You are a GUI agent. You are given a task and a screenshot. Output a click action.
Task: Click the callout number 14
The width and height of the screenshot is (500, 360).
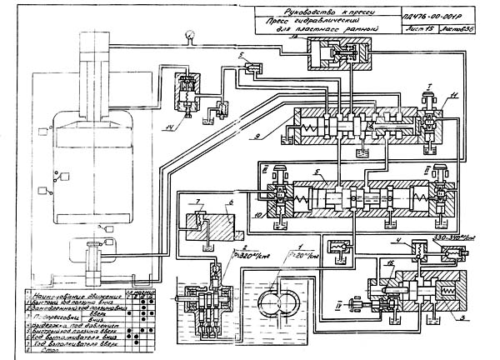[192, 127]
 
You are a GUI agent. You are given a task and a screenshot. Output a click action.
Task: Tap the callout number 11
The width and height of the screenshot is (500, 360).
[452, 98]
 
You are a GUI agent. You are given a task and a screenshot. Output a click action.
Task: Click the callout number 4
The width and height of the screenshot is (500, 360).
[398, 242]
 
